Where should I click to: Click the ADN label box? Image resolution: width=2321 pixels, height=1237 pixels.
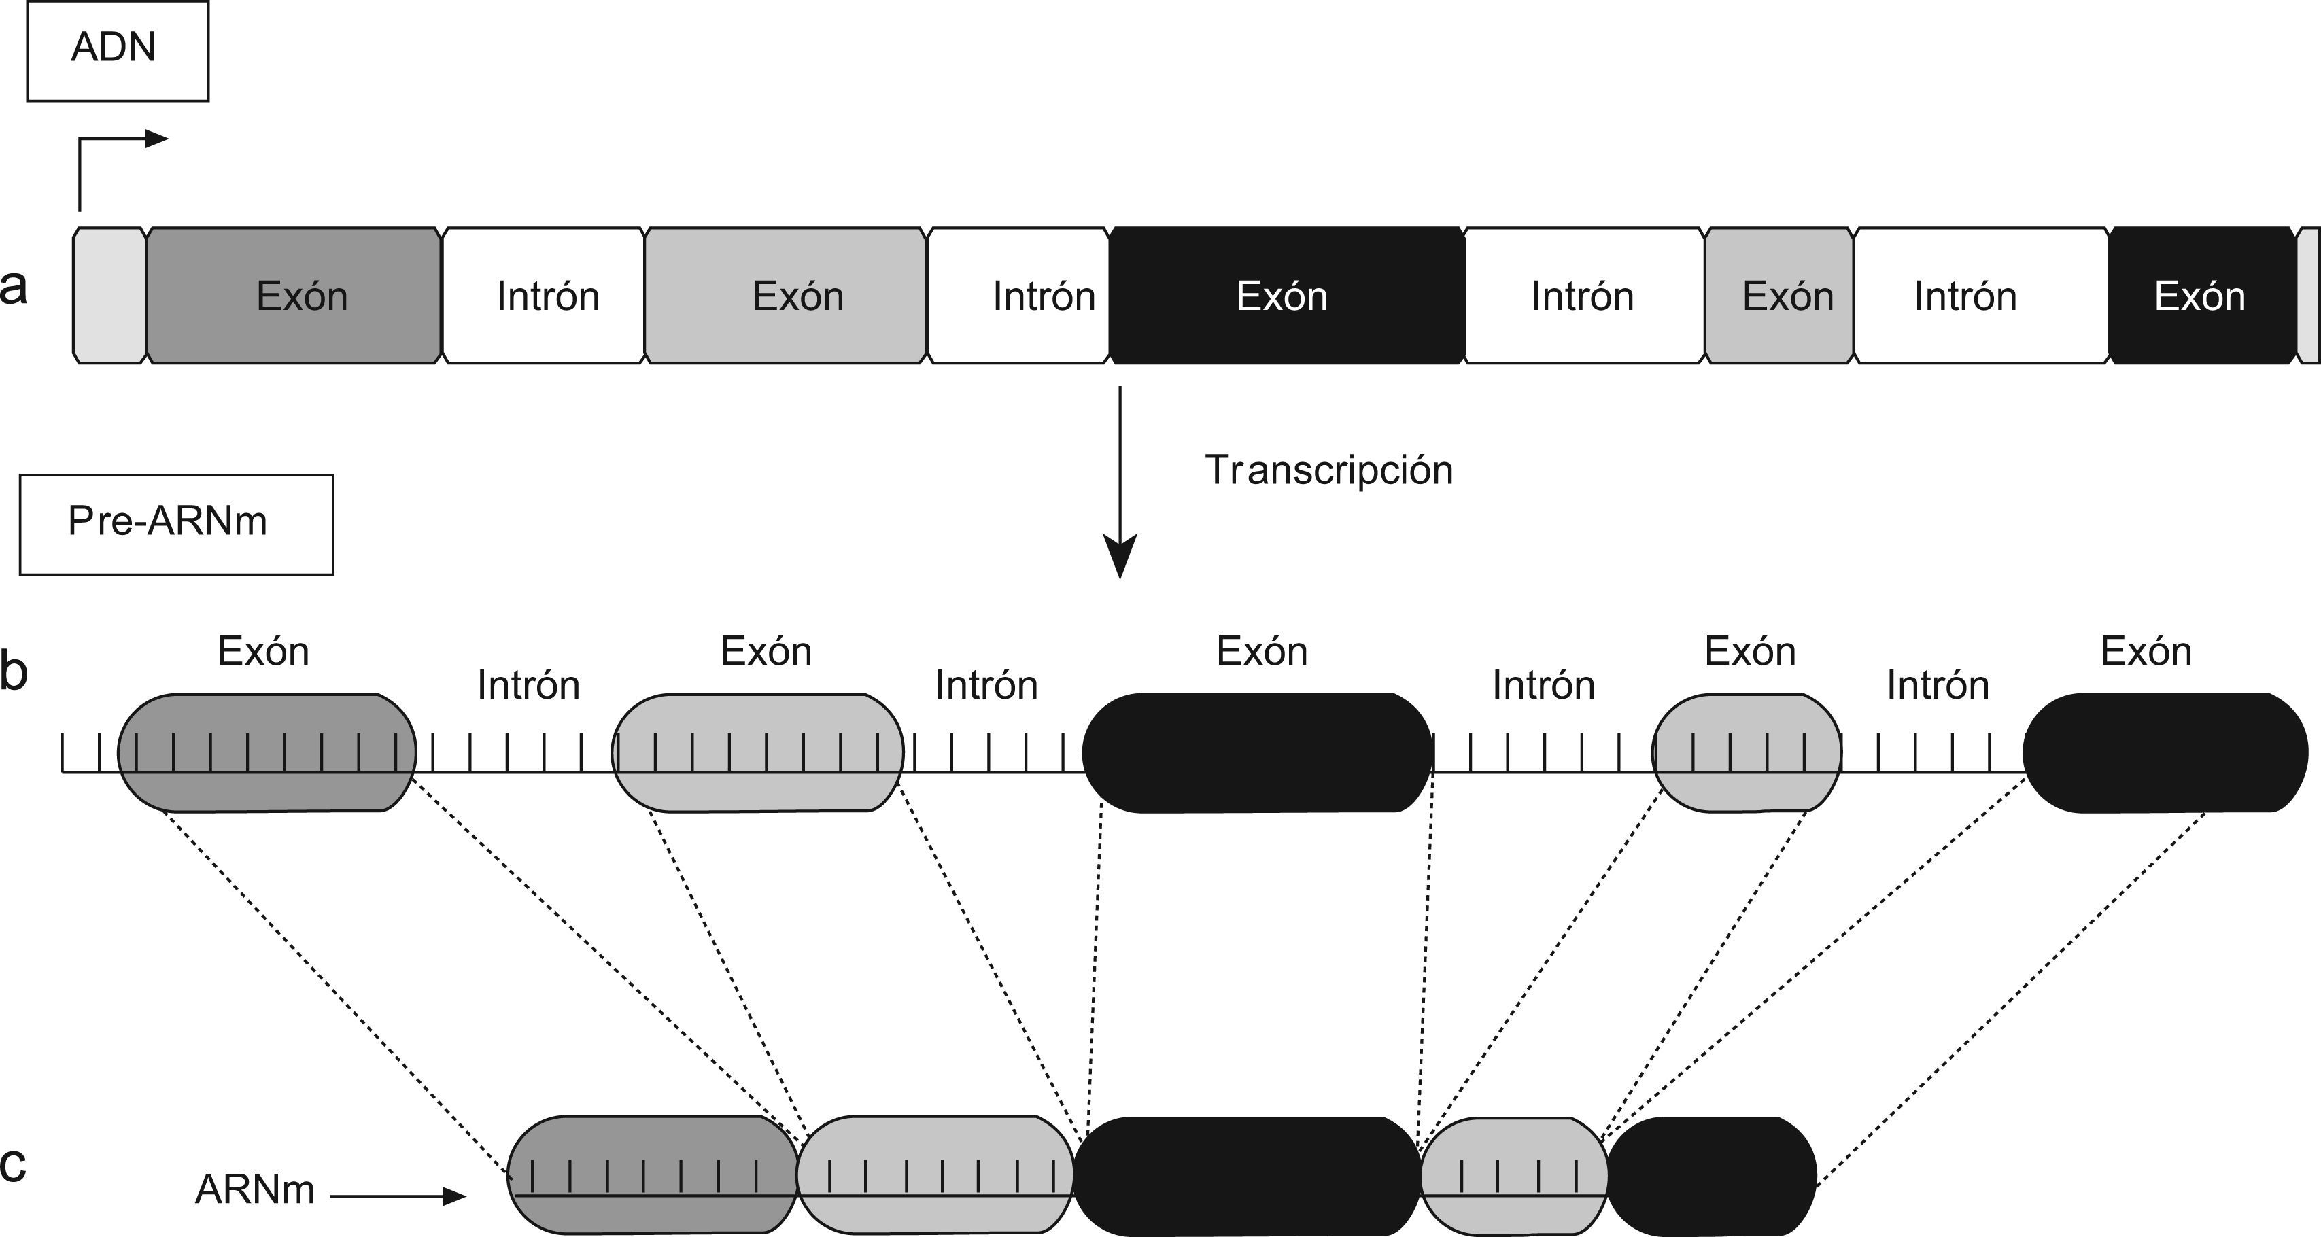pos(117,50)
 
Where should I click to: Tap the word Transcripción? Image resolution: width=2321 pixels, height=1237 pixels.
pos(1329,470)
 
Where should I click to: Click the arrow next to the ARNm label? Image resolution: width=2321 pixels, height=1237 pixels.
pos(397,1196)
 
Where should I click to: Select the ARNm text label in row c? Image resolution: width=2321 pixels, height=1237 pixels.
pos(255,1190)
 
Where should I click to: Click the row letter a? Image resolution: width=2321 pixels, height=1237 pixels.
pos(14,288)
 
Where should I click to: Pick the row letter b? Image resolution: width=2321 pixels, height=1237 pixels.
pos(14,672)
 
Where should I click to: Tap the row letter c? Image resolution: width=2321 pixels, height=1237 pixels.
pos(13,1163)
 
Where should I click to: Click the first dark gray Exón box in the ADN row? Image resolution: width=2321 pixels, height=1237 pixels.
pos(294,296)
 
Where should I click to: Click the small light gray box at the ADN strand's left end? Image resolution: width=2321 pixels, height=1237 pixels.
pos(109,296)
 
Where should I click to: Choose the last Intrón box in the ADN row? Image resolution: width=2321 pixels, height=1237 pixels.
pos(1980,296)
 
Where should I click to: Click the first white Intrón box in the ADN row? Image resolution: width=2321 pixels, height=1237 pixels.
pos(544,296)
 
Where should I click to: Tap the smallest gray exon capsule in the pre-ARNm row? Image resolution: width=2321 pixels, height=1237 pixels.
pos(1746,752)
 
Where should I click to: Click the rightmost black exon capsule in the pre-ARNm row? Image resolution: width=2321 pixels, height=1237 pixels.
pos(2164,752)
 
